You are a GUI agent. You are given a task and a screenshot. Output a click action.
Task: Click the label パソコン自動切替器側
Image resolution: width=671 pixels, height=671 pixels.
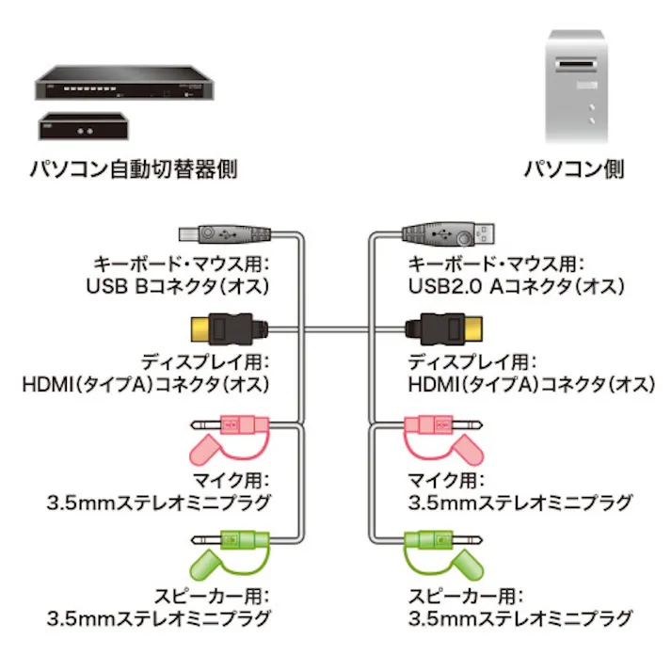[x=132, y=170]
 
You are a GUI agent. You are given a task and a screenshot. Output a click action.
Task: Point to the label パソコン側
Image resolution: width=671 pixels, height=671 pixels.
[x=574, y=170]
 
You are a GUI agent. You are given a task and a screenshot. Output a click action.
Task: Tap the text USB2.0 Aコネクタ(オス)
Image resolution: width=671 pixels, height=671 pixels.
[x=517, y=284]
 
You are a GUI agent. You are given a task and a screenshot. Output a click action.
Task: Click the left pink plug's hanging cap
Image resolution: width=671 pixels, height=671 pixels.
[x=213, y=453]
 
